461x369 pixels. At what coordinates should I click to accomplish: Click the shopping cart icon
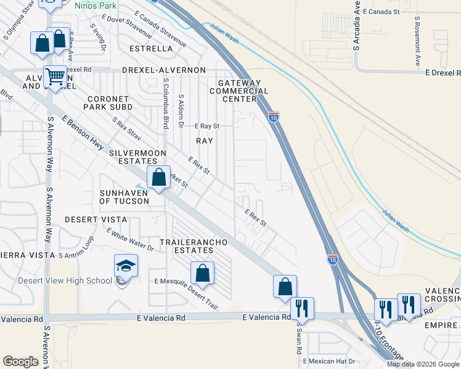55,77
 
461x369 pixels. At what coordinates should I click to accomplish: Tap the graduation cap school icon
126,266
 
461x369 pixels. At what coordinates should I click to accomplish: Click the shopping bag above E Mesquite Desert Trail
202,273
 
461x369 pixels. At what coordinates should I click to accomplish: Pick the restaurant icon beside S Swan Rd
302,307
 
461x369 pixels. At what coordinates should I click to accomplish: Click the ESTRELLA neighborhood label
151,48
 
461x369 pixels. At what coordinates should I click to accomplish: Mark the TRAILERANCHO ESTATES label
194,246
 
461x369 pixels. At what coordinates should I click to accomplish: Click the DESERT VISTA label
96,220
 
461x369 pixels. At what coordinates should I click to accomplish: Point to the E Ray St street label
207,126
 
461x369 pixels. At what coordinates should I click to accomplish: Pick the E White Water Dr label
129,239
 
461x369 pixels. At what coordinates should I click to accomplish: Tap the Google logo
21,362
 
